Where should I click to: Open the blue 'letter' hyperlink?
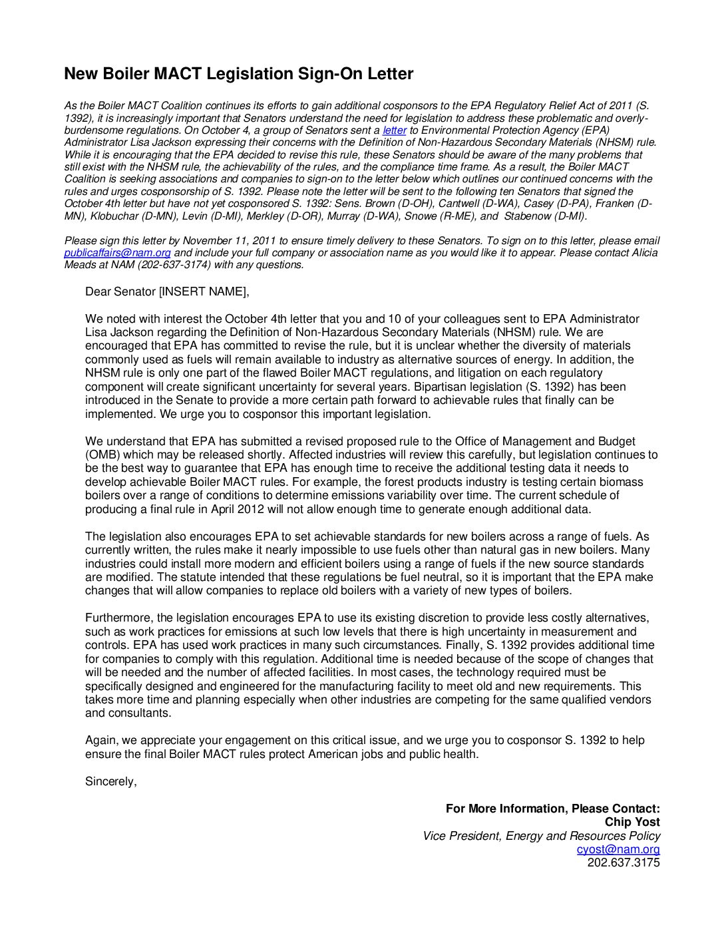(394, 130)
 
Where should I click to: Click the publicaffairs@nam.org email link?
(117, 253)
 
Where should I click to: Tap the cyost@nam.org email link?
(618, 850)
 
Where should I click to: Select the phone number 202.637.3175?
(624, 863)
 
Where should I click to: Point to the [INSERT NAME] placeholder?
(203, 291)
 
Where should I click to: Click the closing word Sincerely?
(110, 781)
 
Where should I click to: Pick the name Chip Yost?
(632, 823)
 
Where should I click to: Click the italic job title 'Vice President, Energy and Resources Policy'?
(541, 836)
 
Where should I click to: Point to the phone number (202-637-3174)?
(174, 265)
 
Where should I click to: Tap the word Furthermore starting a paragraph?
(119, 618)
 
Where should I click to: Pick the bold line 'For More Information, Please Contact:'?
(552, 809)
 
